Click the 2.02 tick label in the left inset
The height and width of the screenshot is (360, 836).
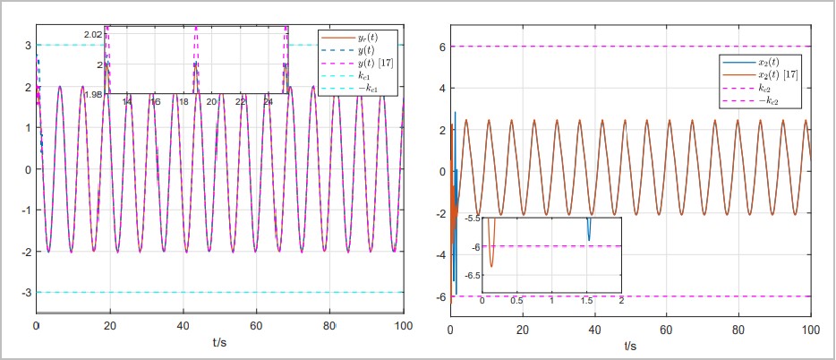coord(93,34)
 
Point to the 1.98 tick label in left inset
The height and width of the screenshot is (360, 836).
coord(93,93)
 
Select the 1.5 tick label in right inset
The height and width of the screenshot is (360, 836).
coord(587,299)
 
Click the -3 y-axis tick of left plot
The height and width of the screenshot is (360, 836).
coord(27,292)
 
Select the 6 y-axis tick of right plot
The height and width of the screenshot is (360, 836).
coord(441,47)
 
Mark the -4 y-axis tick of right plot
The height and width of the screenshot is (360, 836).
coord(439,254)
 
